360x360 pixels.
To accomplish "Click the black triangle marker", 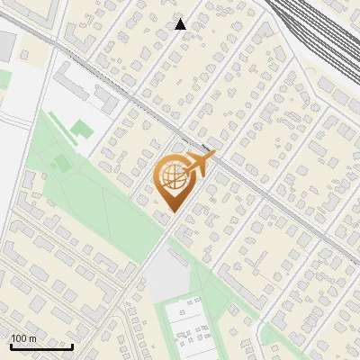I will pyautogui.click(x=181, y=24).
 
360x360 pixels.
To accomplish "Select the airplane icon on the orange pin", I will pyautogui.click(x=200, y=163).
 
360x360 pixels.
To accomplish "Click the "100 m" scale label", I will pyautogui.click(x=23, y=338).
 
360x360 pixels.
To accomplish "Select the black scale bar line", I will pyautogui.click(x=41, y=346).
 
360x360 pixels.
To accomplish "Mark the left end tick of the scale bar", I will pyautogui.click(x=11, y=345).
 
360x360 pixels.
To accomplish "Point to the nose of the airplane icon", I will pyautogui.click(x=213, y=156).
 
